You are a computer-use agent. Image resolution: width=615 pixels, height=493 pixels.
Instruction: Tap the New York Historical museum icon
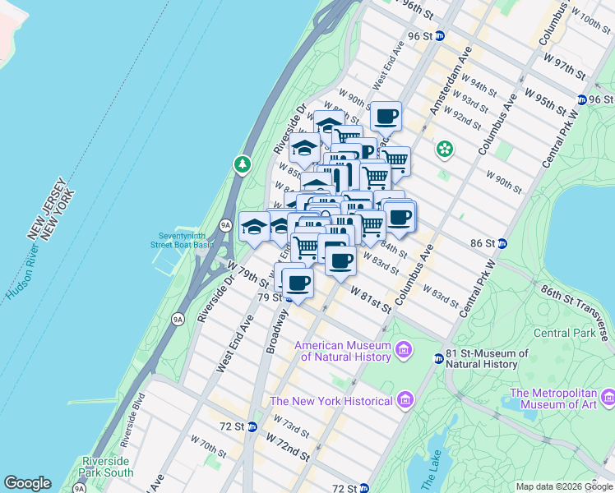[x=404, y=400]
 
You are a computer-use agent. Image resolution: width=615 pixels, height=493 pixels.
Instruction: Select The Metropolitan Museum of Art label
[x=561, y=398]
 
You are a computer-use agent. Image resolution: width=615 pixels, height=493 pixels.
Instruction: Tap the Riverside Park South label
[x=108, y=467]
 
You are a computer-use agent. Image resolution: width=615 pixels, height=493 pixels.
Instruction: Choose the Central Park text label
[x=564, y=333]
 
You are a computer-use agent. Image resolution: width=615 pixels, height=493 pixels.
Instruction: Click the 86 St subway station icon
[x=502, y=243]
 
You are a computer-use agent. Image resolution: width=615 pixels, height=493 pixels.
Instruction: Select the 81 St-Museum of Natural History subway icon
[x=438, y=357]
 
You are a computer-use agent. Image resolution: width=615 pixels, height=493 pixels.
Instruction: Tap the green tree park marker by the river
[x=242, y=164]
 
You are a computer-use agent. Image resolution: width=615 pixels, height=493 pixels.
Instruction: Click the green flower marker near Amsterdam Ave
[x=445, y=149]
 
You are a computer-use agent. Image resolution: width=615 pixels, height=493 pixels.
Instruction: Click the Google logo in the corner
[x=27, y=483]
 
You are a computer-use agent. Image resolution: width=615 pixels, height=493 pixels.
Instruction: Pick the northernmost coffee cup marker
[x=385, y=117]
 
